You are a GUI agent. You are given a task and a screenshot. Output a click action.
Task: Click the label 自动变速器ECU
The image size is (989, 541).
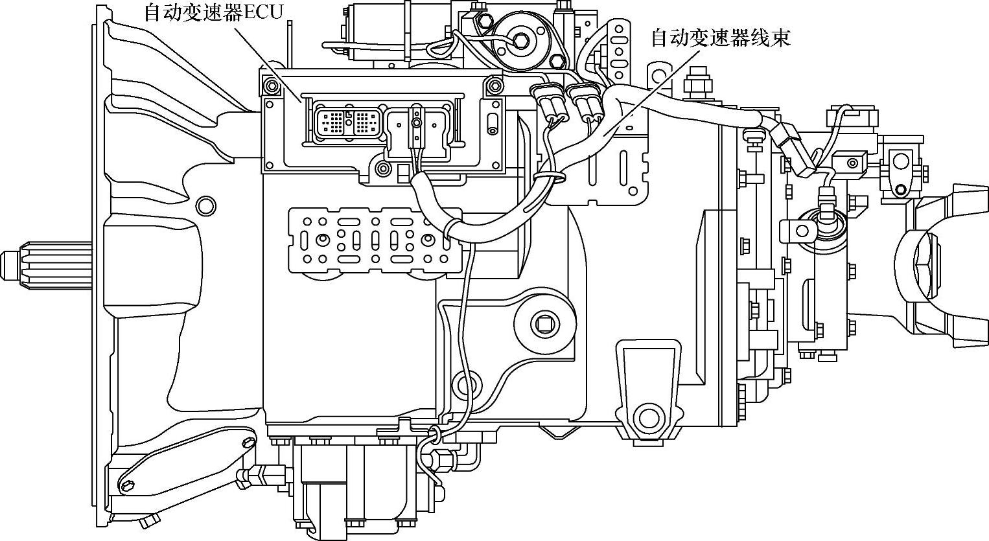213,12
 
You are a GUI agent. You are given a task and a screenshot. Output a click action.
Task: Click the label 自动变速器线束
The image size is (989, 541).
720,38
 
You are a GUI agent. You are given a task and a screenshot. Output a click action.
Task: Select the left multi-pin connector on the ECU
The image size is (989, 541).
332,121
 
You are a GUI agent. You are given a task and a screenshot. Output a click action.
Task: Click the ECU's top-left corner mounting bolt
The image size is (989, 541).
269,83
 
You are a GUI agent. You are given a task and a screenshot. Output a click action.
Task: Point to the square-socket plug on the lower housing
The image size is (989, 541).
543,322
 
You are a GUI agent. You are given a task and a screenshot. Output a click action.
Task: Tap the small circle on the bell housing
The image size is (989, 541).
206,205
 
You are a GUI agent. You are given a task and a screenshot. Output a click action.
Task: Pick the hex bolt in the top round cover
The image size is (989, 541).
521,39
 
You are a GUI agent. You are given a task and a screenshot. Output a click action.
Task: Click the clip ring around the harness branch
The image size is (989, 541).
548,176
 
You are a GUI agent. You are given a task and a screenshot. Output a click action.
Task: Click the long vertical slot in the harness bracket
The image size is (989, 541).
623,169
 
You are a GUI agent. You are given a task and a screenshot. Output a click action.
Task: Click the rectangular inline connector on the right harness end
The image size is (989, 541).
793,150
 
